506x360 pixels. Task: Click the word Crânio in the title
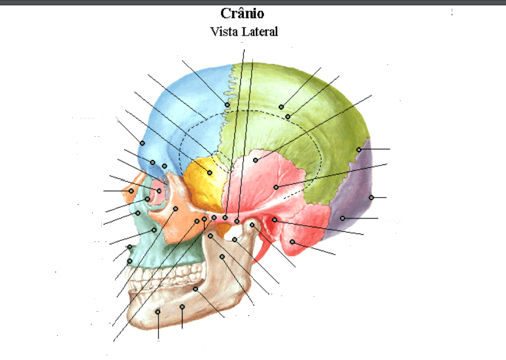coord(242,13)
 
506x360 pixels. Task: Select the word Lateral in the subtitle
coord(260,32)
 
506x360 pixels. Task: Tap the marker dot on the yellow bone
coord(210,173)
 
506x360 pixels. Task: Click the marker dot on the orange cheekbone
coord(175,209)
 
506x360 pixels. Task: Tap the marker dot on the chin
coord(158,312)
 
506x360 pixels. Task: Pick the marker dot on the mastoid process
coord(292,242)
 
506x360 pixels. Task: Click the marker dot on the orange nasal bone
coord(131,191)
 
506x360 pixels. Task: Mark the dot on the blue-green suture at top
coord(227,105)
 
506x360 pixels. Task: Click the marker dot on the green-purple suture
coord(359,149)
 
